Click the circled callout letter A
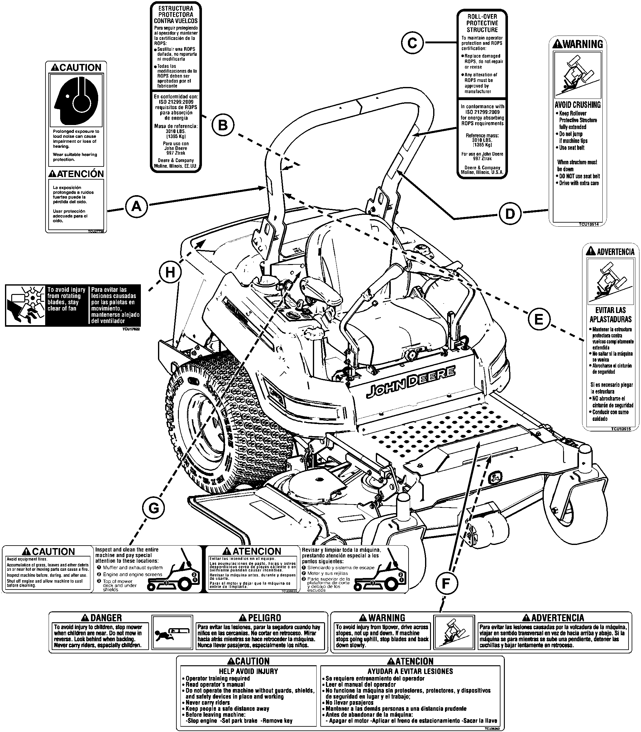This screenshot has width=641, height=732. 136,207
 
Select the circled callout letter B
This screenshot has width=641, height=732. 222,125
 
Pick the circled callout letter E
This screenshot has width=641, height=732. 538,319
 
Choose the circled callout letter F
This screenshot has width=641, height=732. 446,584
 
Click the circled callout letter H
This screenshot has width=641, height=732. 170,272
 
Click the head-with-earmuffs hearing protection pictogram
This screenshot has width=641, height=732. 76,101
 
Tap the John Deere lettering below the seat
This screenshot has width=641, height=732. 411,382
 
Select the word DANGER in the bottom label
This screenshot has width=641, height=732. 106,618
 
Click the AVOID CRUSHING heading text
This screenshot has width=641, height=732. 577,105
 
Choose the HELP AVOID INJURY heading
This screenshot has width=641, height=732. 248,671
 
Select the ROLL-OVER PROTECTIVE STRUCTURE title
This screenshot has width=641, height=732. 482,23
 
